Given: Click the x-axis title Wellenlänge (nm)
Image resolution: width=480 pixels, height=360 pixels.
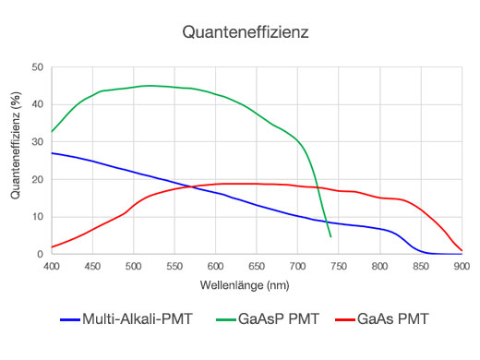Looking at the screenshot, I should (x=256, y=285).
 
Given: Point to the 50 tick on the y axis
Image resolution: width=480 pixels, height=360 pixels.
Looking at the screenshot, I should (x=37, y=67).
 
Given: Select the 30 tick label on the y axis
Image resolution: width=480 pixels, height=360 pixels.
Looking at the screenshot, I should (x=37, y=142).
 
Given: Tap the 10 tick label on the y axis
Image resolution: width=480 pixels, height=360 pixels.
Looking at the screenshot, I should (x=37, y=217).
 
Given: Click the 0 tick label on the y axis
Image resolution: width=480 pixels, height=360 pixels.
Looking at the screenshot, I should (x=40, y=255).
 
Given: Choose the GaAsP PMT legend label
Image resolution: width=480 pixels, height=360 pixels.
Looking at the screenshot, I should (x=277, y=319).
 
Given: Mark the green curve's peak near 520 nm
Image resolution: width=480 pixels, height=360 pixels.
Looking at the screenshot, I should (x=150, y=85).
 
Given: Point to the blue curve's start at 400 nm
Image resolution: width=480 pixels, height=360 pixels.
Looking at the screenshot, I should (x=52, y=153).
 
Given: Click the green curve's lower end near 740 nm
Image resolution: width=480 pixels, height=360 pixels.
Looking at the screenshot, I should (x=330, y=236).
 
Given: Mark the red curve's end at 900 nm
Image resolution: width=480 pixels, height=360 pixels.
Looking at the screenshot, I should (x=462, y=250).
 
